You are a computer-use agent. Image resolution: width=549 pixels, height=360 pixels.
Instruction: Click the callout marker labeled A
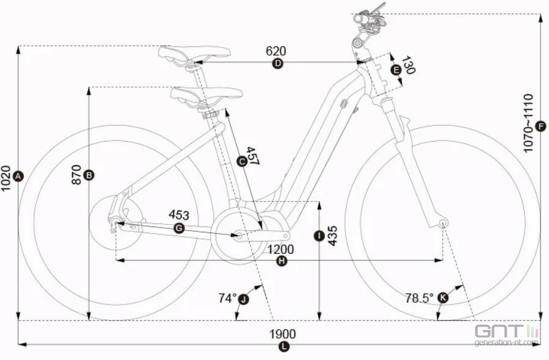pyautogui.click(x=18, y=176)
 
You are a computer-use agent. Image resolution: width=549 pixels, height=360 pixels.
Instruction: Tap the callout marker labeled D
pyautogui.click(x=277, y=63)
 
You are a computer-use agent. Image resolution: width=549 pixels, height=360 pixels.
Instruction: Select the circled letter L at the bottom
pyautogui.click(x=284, y=347)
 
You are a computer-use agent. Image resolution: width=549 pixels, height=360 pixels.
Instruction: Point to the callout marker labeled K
pyautogui.click(x=443, y=298)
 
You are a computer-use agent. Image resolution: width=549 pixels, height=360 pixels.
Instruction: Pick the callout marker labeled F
pyautogui.click(x=541, y=126)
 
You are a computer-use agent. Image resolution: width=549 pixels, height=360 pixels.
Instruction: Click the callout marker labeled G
pyautogui.click(x=179, y=228)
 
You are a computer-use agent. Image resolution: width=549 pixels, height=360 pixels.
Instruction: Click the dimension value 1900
pyautogui.click(x=282, y=334)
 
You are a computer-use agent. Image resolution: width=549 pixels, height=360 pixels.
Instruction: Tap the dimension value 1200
pyautogui.click(x=281, y=250)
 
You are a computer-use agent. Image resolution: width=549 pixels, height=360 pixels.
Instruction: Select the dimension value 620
pyautogui.click(x=276, y=51)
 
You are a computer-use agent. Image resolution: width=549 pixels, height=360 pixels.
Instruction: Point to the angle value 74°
pyautogui.click(x=228, y=298)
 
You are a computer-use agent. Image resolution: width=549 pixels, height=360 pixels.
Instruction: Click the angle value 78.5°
pyautogui.click(x=419, y=298)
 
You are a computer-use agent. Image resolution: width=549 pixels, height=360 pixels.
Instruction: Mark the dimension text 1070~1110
pyautogui.click(x=528, y=123)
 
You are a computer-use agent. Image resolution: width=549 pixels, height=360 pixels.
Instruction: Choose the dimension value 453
pyautogui.click(x=179, y=215)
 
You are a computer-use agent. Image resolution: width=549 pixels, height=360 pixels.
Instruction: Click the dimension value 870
pyautogui.click(x=76, y=175)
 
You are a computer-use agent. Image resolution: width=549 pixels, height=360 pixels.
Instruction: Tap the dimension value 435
pyautogui.click(x=332, y=236)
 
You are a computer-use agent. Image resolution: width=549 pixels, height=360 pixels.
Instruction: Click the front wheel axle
pyautogui.click(x=443, y=223)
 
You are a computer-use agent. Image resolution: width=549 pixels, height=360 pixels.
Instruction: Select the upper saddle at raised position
pyautogui.click(x=194, y=54)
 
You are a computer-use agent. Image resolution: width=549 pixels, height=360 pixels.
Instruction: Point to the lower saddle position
pyautogui.click(x=206, y=96)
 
